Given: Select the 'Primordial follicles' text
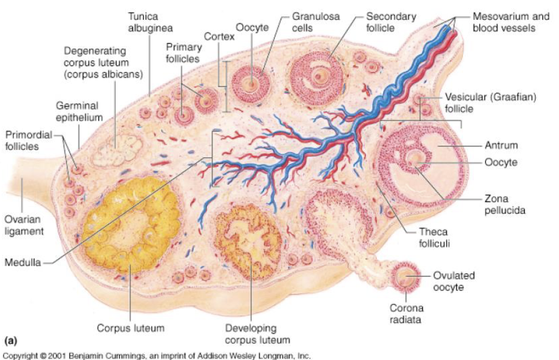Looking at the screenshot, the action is pyautogui.click(x=29, y=139).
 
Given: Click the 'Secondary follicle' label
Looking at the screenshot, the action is pyautogui.click(x=390, y=22).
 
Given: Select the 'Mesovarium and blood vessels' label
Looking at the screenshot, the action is pyautogui.click(x=510, y=22).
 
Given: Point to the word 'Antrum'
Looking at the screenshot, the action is pyautogui.click(x=502, y=145).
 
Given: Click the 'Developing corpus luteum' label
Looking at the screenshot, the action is pyautogui.click(x=250, y=334).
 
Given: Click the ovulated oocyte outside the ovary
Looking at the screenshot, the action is pyautogui.click(x=407, y=277).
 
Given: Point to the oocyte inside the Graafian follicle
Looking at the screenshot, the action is pyautogui.click(x=414, y=160).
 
